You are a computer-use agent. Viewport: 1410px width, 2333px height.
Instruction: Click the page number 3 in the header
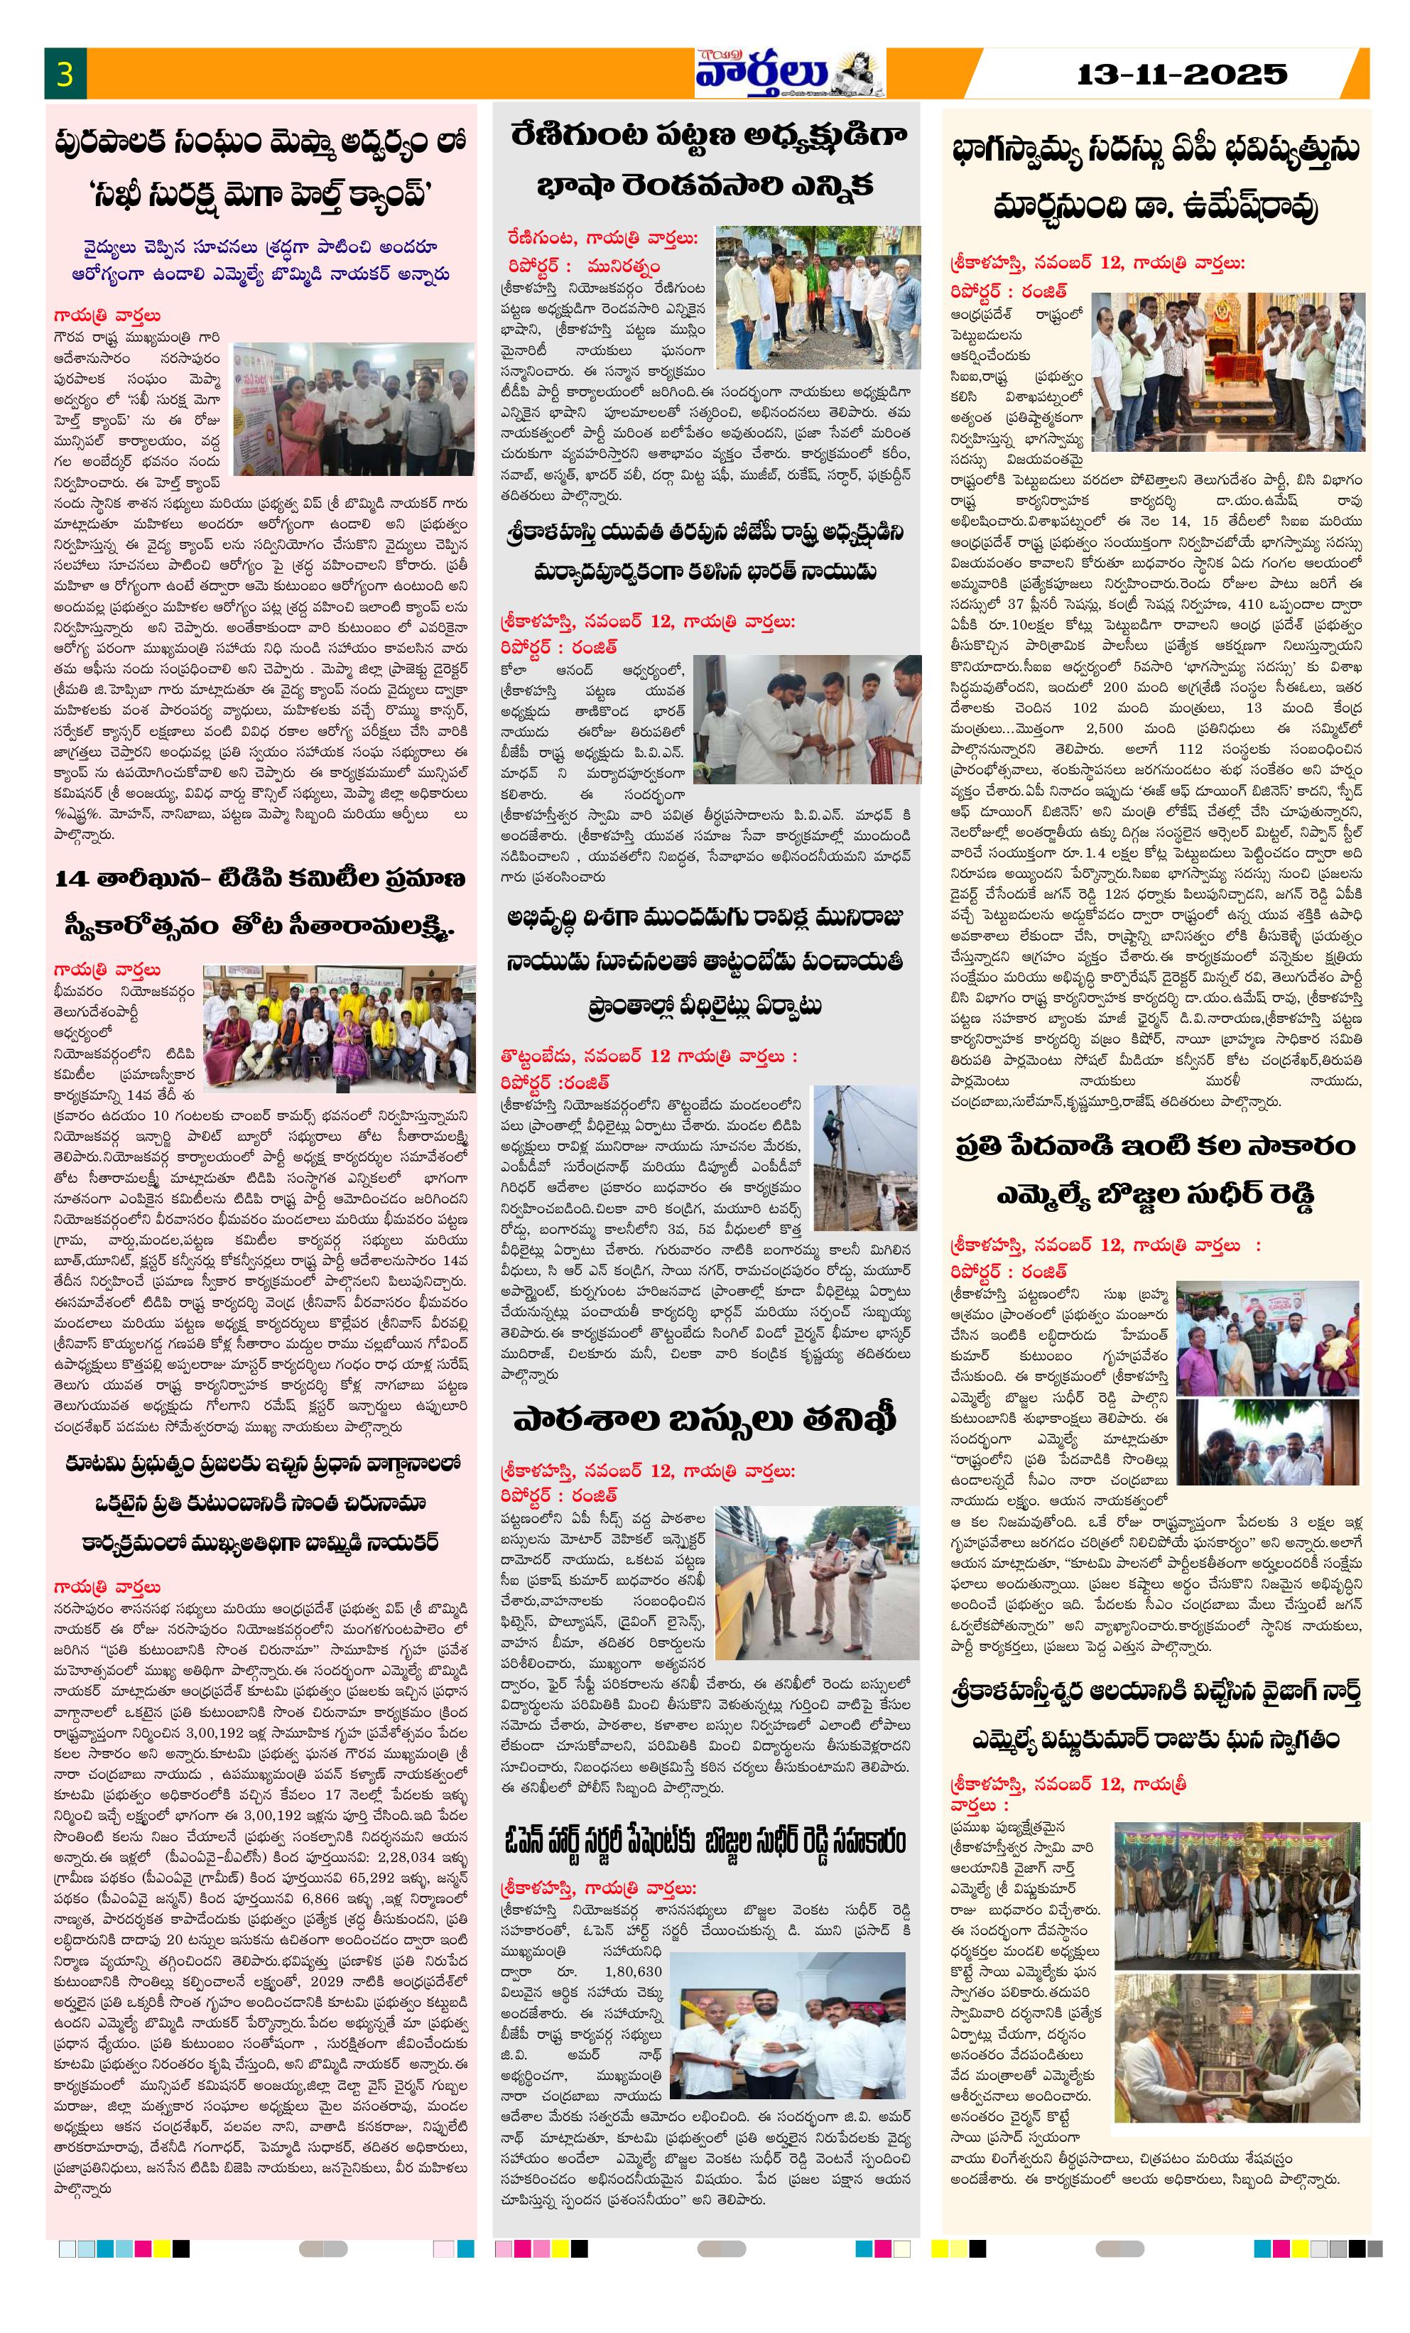tap(65, 75)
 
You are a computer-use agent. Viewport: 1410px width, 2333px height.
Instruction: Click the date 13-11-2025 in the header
tap(1181, 74)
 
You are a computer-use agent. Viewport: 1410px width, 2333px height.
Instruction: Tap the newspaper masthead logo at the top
tap(788, 73)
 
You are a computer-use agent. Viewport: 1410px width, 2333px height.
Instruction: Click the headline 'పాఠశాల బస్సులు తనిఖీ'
tap(705, 1420)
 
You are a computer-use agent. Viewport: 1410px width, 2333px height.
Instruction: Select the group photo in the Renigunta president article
tap(817, 297)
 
